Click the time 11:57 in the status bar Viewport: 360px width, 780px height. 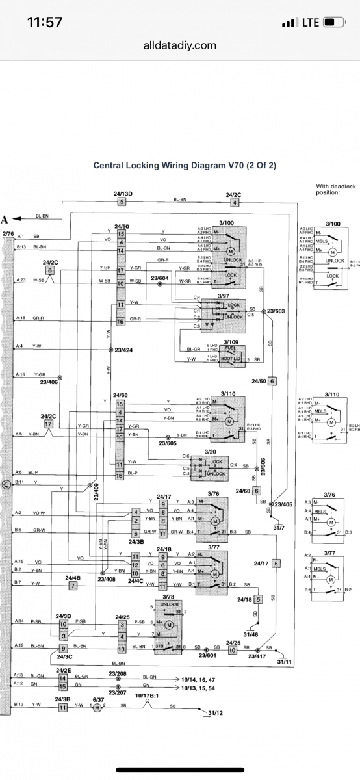(45, 22)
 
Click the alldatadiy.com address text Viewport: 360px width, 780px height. (180, 45)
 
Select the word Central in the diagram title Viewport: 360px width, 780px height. (110, 165)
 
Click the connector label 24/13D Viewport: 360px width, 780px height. (122, 194)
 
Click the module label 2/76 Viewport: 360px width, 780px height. (8, 233)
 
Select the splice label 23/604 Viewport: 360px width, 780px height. (159, 278)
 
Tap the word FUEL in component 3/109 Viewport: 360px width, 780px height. (232, 348)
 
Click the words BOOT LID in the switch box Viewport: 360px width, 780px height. (231, 358)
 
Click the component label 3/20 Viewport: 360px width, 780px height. (210, 452)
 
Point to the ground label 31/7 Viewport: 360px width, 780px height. (279, 527)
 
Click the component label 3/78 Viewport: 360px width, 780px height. (168, 596)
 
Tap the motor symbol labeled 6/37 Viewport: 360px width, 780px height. (97, 707)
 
